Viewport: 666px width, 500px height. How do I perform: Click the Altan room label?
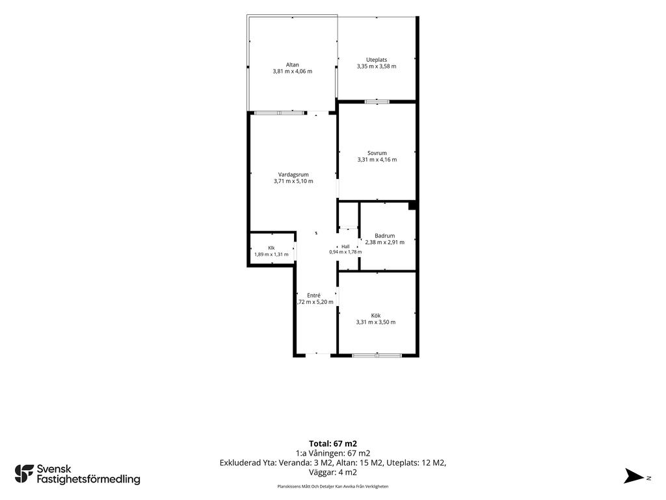[292, 64]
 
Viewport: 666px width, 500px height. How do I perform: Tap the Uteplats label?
[377, 60]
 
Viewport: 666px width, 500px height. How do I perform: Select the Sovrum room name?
[377, 153]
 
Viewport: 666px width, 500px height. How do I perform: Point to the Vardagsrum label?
[293, 174]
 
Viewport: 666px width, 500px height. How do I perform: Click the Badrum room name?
[385, 236]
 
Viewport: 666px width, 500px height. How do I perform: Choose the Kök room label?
[376, 316]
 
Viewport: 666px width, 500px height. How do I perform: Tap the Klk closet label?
[271, 248]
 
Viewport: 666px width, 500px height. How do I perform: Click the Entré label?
[314, 295]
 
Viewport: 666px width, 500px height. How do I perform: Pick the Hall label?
[346, 246]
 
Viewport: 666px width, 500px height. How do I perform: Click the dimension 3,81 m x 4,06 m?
[292, 72]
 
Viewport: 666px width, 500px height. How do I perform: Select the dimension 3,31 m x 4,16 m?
[377, 160]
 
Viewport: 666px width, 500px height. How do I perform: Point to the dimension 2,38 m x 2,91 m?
[385, 242]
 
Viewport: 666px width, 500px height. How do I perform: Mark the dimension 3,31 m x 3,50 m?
[376, 322]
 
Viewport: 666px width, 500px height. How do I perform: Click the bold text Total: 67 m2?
[333, 444]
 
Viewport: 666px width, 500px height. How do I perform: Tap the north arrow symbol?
[633, 476]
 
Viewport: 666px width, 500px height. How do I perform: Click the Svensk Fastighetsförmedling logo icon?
[24, 474]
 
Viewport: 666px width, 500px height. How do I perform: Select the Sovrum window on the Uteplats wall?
[377, 102]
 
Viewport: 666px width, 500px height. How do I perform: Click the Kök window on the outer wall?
[377, 355]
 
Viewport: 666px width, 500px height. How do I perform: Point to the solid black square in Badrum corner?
[412, 206]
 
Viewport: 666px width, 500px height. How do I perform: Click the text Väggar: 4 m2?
[333, 473]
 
